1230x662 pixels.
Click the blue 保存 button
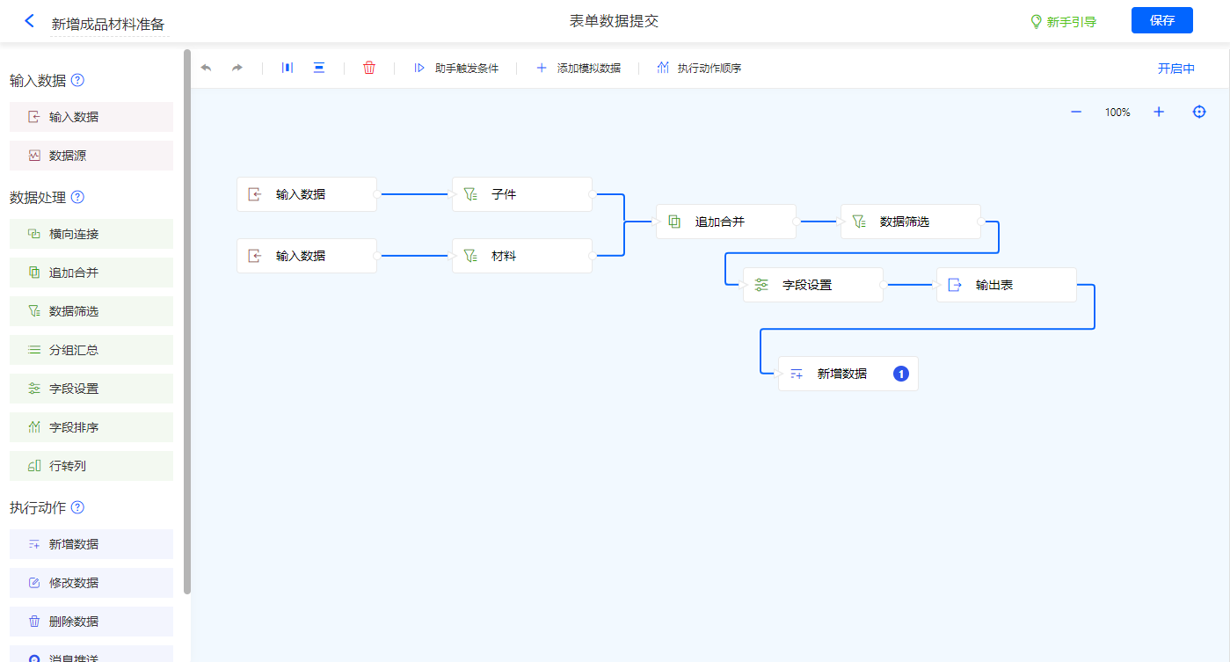point(1161,20)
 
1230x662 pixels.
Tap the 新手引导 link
point(1064,22)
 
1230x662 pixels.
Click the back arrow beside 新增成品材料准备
point(30,21)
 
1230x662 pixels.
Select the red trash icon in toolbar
point(369,68)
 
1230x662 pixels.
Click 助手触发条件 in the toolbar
point(456,68)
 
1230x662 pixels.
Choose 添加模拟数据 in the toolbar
point(579,68)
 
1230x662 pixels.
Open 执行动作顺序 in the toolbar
point(699,68)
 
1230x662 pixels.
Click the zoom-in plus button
point(1159,112)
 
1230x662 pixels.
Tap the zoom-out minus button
point(1076,112)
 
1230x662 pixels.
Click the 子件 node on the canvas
point(522,194)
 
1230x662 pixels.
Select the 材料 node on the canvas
point(522,256)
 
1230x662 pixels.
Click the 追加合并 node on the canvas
point(726,222)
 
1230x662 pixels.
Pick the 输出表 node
point(1006,285)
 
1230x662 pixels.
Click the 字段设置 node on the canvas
point(812,285)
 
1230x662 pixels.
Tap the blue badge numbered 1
point(901,374)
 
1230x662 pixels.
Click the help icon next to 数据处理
point(77,197)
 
